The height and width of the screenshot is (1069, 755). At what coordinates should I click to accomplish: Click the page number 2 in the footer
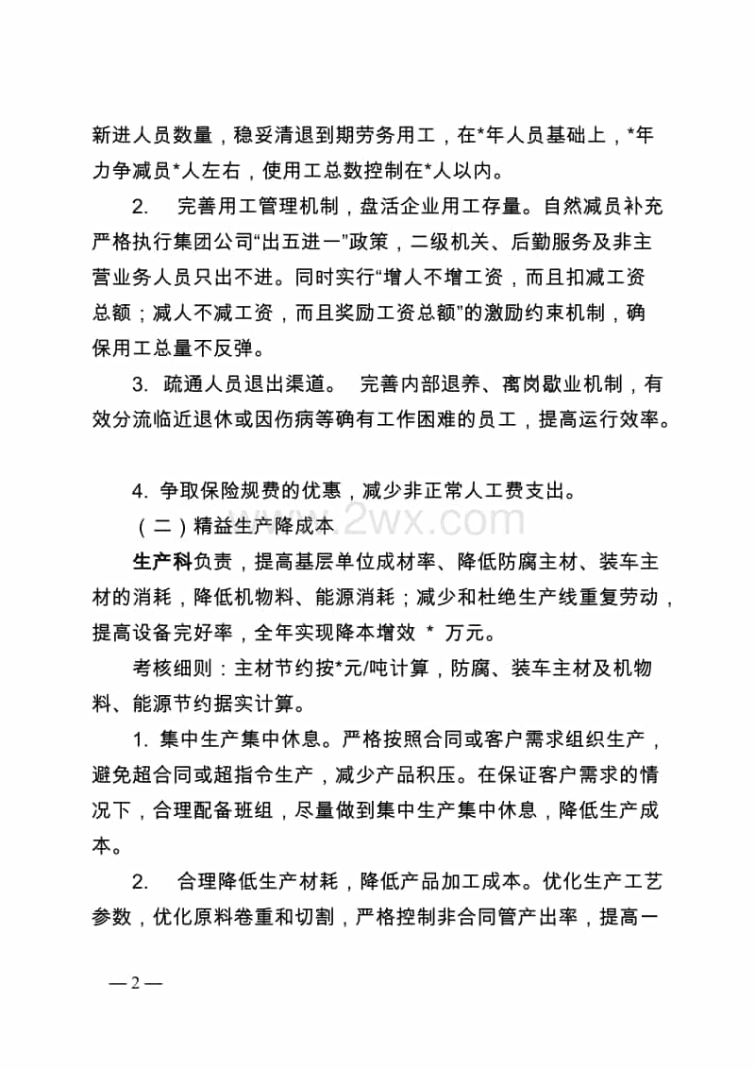click(x=136, y=982)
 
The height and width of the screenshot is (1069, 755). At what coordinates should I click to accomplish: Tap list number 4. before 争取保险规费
click(x=141, y=490)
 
